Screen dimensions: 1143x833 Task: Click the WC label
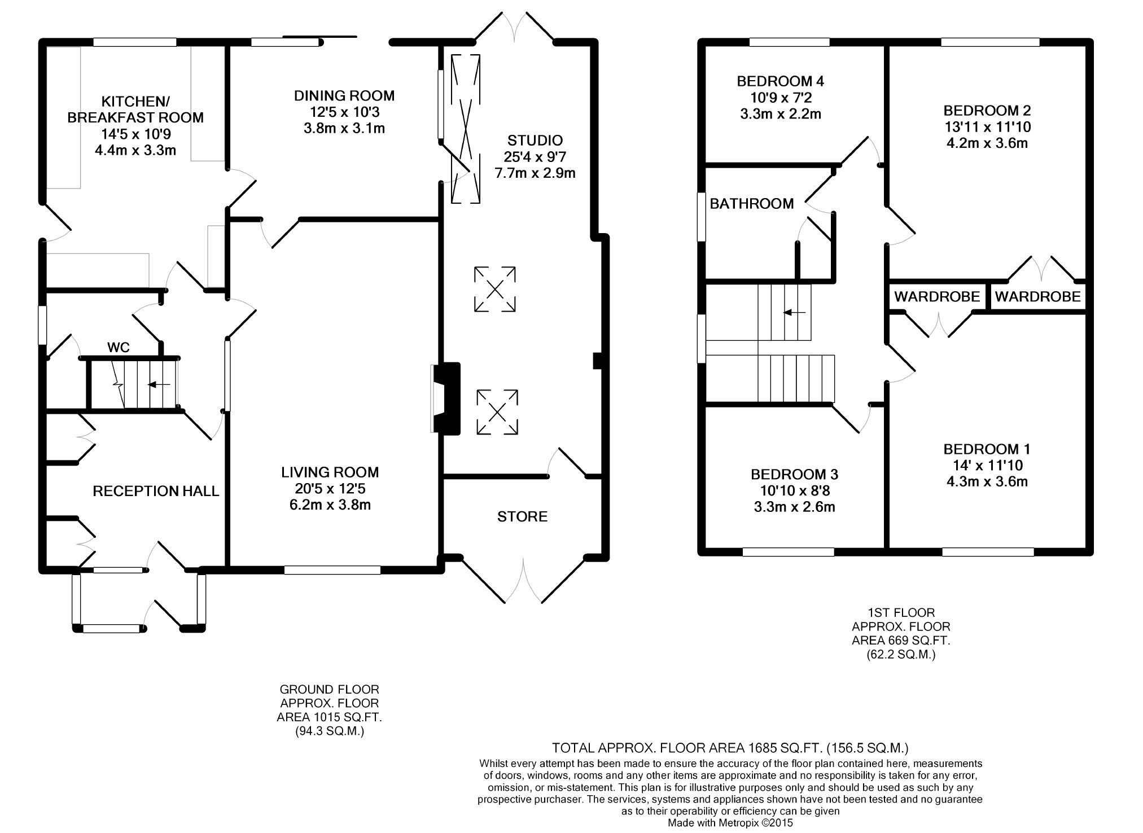119,348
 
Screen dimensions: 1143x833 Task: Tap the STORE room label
522,516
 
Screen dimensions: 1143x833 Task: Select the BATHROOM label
752,204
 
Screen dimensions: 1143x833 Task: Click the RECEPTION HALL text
156,491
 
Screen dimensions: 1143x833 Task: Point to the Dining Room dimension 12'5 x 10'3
344,112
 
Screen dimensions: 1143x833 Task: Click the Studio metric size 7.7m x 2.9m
535,173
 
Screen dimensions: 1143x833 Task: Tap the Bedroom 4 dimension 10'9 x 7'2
781,98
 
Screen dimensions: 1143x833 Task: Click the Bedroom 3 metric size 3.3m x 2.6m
794,507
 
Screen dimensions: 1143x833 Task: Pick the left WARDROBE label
937,296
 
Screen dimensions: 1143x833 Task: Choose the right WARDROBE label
1037,296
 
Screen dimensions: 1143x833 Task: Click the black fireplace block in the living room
450,399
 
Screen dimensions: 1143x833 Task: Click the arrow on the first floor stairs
794,312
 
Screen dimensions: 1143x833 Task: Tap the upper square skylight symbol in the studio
494,289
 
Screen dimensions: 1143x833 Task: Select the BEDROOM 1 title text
987,449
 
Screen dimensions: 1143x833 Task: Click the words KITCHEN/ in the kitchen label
135,102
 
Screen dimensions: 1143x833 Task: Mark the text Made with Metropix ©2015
730,823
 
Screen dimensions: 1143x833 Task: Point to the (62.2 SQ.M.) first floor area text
901,655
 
